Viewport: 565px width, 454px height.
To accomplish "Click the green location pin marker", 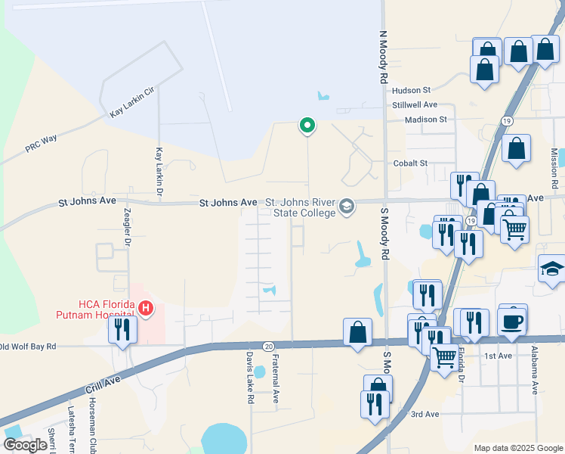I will pyautogui.click(x=307, y=126).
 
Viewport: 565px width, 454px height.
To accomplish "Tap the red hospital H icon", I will pyautogui.click(x=146, y=308).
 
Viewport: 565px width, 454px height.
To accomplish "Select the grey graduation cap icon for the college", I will pyautogui.click(x=347, y=206).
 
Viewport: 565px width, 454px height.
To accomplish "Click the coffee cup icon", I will pyautogui.click(x=512, y=321).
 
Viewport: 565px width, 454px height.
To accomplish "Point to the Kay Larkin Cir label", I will pyautogui.click(x=131, y=101).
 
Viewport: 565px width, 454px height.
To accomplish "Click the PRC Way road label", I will pyautogui.click(x=42, y=144).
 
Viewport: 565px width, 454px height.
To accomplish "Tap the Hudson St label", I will pyautogui.click(x=411, y=89).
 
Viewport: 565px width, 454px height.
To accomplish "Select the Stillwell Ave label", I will pyautogui.click(x=415, y=104).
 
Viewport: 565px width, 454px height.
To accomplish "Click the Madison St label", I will pyautogui.click(x=426, y=119).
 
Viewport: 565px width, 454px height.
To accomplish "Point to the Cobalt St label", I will pyautogui.click(x=410, y=163).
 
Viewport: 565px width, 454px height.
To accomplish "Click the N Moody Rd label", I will pyautogui.click(x=383, y=57).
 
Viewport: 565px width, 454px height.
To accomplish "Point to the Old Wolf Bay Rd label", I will pyautogui.click(x=29, y=347).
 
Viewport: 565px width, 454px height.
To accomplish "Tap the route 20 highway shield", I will pyautogui.click(x=269, y=345).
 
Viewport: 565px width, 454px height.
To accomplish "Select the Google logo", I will pyautogui.click(x=25, y=444).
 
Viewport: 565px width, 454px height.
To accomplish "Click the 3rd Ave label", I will pyautogui.click(x=425, y=414).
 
